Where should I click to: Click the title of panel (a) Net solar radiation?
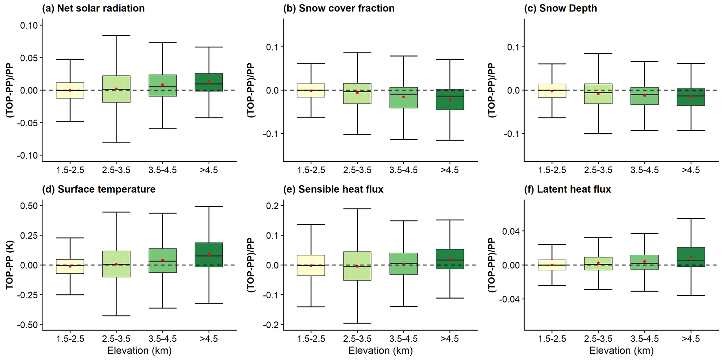[x=93, y=8]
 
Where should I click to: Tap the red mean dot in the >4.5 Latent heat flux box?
[x=691, y=257]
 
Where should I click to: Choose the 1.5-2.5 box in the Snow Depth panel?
[x=552, y=91]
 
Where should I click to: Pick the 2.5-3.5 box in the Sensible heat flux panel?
[x=357, y=266]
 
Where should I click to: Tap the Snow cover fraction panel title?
[x=339, y=8]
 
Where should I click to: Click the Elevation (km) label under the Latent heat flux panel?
[x=621, y=351]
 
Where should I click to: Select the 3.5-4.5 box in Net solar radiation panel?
[x=163, y=85]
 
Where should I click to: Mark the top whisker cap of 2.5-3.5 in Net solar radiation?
[x=116, y=35]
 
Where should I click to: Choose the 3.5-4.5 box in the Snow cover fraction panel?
[x=404, y=98]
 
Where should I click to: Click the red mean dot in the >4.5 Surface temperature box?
[x=209, y=255]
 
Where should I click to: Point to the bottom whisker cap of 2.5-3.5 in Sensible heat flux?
[x=357, y=323]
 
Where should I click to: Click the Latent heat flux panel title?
[x=568, y=189]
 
